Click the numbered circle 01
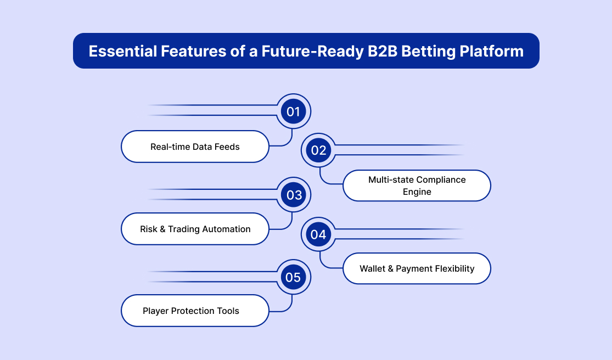(x=294, y=112)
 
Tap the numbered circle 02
(x=318, y=150)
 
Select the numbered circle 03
(x=294, y=195)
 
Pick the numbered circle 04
(x=318, y=235)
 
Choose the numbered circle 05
(x=294, y=278)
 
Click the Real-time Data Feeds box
(x=195, y=147)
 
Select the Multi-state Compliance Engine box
(x=417, y=185)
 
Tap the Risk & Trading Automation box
(x=195, y=229)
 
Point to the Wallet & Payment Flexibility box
(x=417, y=268)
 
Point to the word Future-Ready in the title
(x=298, y=52)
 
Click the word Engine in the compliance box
(x=417, y=192)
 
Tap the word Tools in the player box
(x=227, y=311)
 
